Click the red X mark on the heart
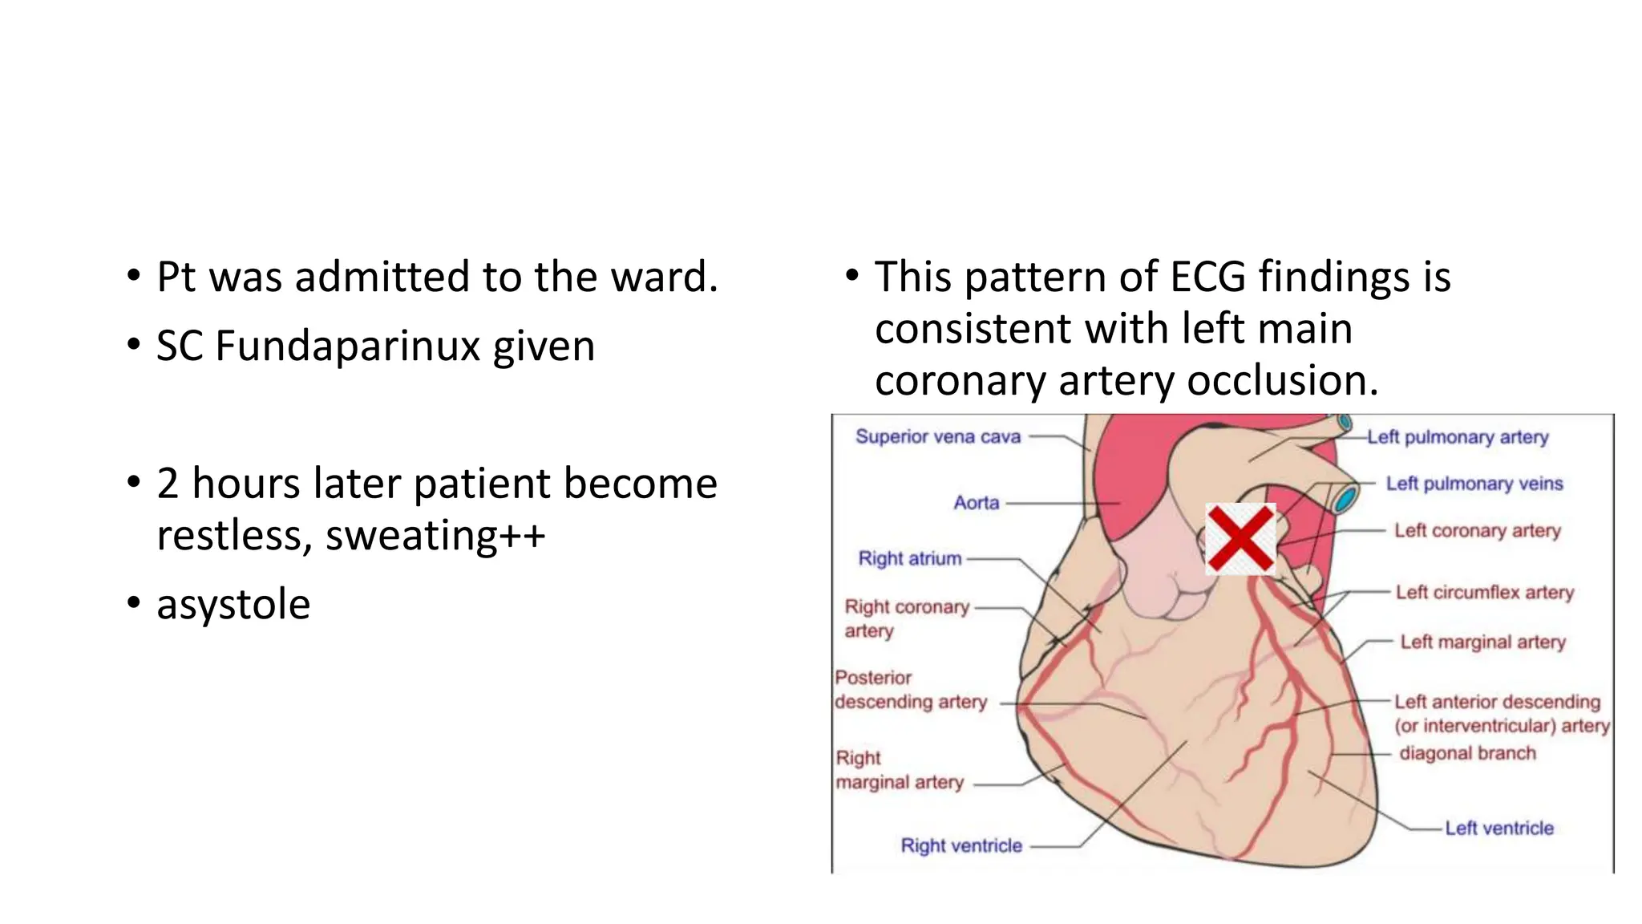[x=1240, y=538]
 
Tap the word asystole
[x=233, y=605]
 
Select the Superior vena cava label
[x=937, y=437]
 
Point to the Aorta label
[x=976, y=503]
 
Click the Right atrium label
[x=909, y=558]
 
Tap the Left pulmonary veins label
[x=1474, y=484]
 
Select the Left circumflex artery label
[x=1484, y=592]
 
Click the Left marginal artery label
[x=1482, y=642]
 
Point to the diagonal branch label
[x=1466, y=753]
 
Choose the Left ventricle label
[x=1498, y=828]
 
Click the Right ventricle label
[x=961, y=845]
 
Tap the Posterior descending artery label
[x=909, y=690]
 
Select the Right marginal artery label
[x=898, y=770]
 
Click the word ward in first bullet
[x=662, y=278]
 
